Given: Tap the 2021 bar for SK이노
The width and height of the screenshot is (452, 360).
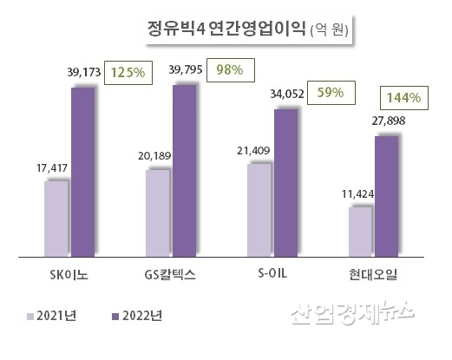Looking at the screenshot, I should click(x=56, y=219).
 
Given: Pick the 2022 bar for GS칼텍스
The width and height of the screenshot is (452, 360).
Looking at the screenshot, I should click(x=185, y=171).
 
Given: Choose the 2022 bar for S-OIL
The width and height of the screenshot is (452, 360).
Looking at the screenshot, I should click(x=285, y=183).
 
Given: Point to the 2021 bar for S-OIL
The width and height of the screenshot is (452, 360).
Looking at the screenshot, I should click(x=259, y=210).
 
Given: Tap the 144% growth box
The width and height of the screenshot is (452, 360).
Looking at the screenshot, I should click(x=404, y=97).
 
